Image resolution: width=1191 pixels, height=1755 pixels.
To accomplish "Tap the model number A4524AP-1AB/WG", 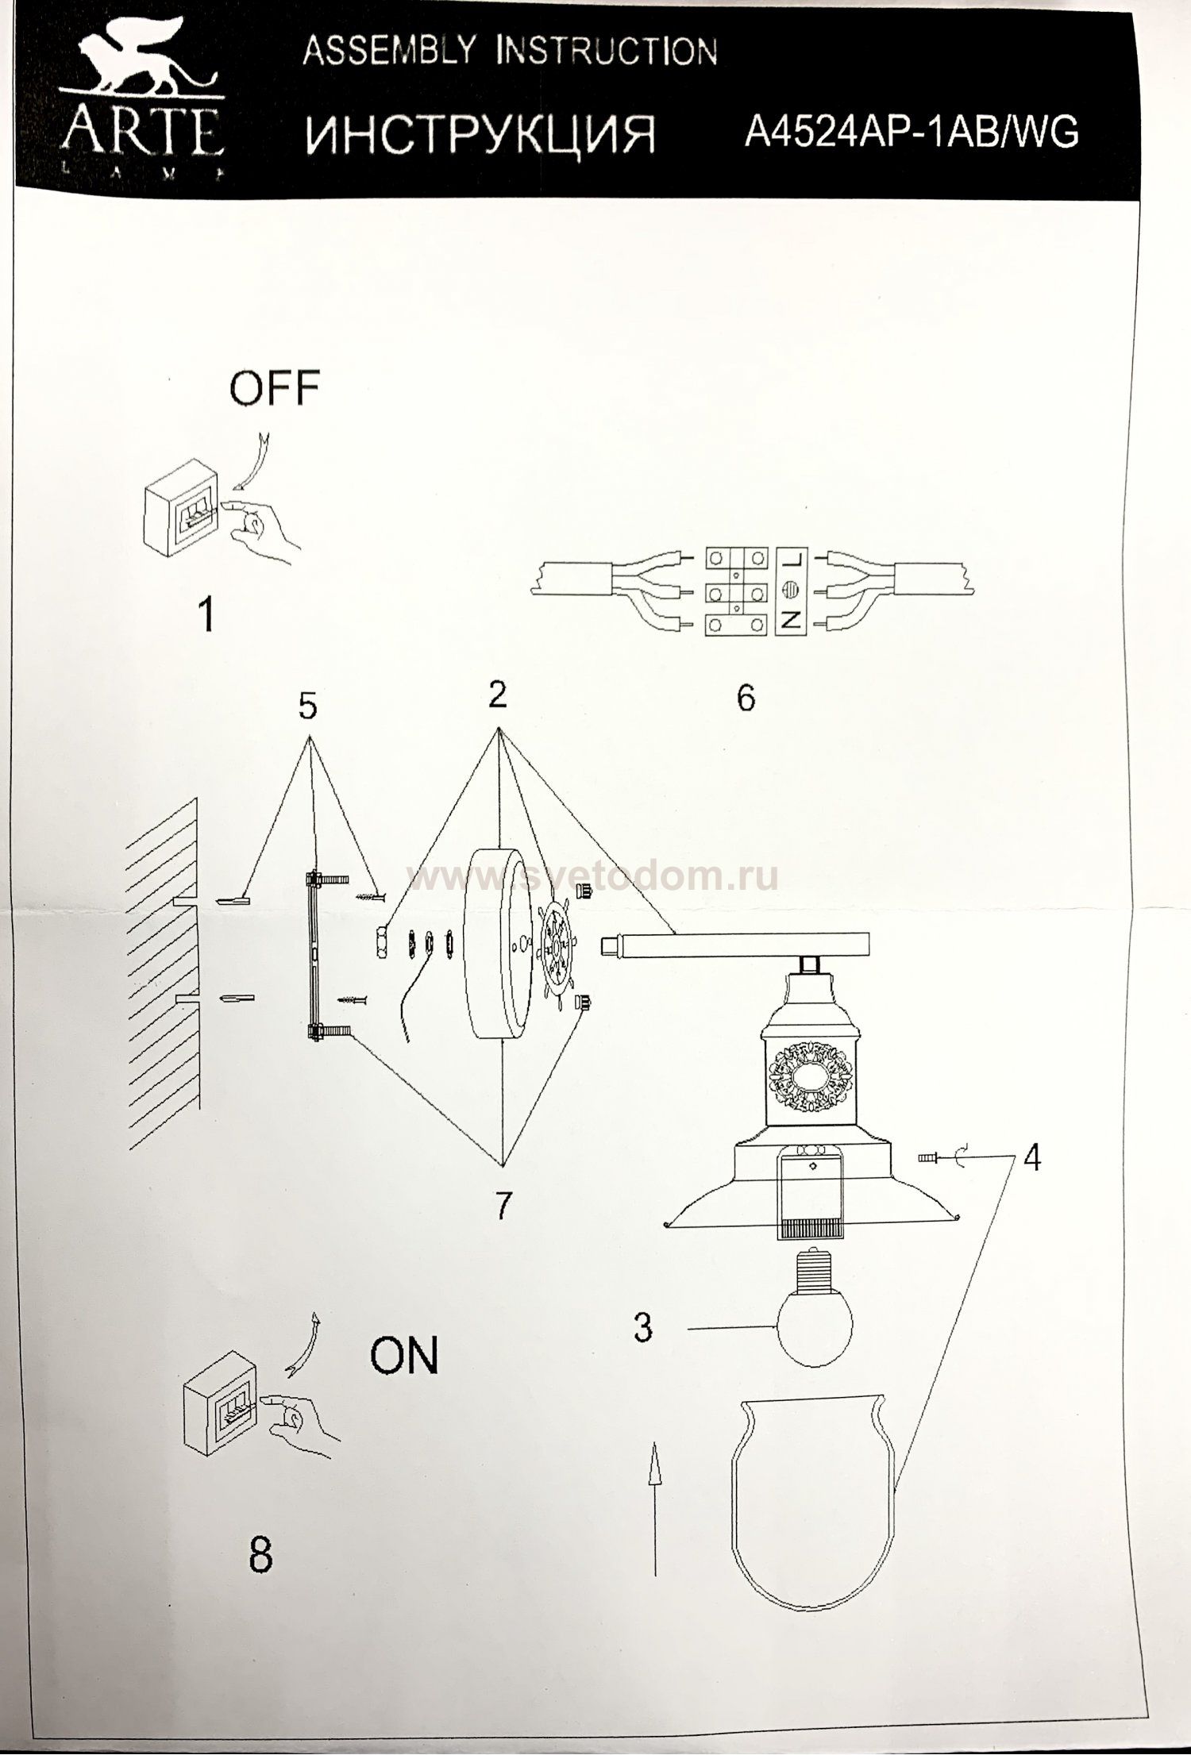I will (911, 131).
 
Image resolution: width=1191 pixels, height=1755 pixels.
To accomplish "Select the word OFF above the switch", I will (274, 389).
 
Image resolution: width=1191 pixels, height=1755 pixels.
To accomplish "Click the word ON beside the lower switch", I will (404, 1357).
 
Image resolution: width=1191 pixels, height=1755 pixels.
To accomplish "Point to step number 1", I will (206, 615).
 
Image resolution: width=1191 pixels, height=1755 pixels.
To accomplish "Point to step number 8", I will (260, 1555).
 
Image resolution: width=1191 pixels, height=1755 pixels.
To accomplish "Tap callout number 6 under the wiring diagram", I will (746, 699).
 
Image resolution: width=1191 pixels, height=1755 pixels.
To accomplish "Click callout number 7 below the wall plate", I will (502, 1228).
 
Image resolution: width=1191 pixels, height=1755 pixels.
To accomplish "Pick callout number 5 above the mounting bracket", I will (308, 705).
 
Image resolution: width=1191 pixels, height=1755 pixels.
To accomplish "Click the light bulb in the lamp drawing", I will (814, 1318).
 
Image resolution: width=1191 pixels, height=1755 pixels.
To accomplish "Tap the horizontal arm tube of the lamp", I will (738, 945).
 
